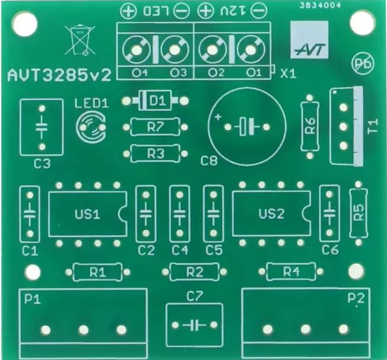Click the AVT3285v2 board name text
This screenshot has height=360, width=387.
59,76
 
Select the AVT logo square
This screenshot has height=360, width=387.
309,40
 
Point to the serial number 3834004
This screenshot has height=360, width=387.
321,5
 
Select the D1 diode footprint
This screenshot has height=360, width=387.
155,101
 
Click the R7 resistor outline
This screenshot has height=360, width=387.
156,127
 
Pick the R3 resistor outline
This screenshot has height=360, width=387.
156,154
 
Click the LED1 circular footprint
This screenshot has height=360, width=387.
91,126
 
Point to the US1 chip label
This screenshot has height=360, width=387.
87,214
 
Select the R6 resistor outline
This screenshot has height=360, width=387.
310,127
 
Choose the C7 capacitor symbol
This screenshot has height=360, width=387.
194,325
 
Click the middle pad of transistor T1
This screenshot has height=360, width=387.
344,127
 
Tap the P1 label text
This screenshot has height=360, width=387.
33,300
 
